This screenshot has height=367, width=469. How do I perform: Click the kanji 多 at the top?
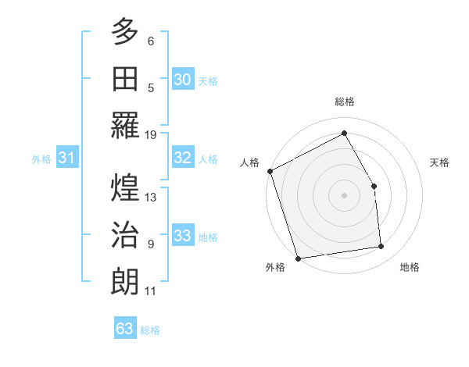pyautogui.click(x=125, y=34)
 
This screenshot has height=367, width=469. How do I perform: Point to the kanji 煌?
pyautogui.click(x=125, y=187)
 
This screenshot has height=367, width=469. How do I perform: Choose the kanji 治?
pyautogui.click(x=125, y=234)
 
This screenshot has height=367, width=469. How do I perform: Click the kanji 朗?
pyautogui.click(x=125, y=280)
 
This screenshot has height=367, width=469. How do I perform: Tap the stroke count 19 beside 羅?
pyautogui.click(x=151, y=134)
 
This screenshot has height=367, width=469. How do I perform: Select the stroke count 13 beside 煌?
pyautogui.click(x=151, y=198)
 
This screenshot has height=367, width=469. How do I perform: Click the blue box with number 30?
pyautogui.click(x=182, y=79)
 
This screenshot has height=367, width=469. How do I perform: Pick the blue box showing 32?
pyautogui.click(x=182, y=158)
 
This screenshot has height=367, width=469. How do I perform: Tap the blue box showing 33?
pyautogui.click(x=182, y=236)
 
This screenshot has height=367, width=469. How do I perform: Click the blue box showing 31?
pyautogui.click(x=66, y=158)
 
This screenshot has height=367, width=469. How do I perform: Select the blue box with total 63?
pyautogui.click(x=124, y=329)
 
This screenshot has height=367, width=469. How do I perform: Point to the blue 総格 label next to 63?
pyautogui.click(x=150, y=330)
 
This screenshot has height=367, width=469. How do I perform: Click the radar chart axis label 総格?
pyautogui.click(x=344, y=102)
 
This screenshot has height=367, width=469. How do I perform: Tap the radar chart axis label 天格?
pyautogui.click(x=439, y=162)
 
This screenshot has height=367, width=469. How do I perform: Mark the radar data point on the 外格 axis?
pyautogui.click(x=298, y=258)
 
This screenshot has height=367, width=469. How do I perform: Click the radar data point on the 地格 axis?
pyautogui.click(x=381, y=247)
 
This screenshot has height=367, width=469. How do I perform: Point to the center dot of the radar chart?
pyautogui.click(x=344, y=194)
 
